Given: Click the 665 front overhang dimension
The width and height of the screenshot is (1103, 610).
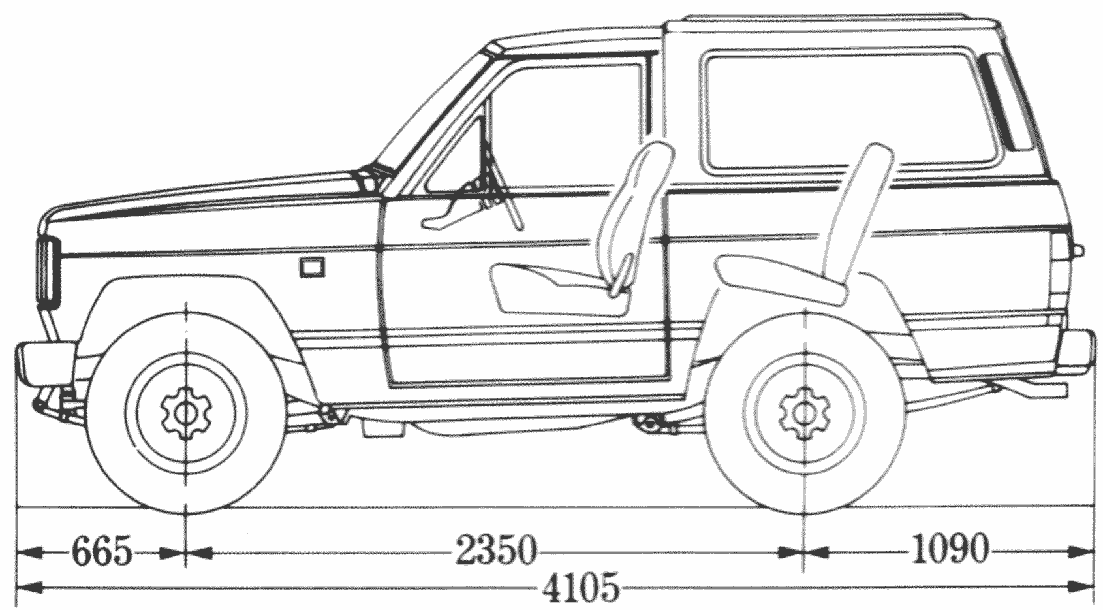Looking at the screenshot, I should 101,553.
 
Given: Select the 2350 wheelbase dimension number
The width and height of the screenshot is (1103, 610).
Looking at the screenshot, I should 495,553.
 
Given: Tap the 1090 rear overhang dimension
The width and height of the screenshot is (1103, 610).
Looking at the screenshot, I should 949,550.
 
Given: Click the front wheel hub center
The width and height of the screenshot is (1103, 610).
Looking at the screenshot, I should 186,412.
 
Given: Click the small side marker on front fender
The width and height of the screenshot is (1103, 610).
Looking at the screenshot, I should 311,266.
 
